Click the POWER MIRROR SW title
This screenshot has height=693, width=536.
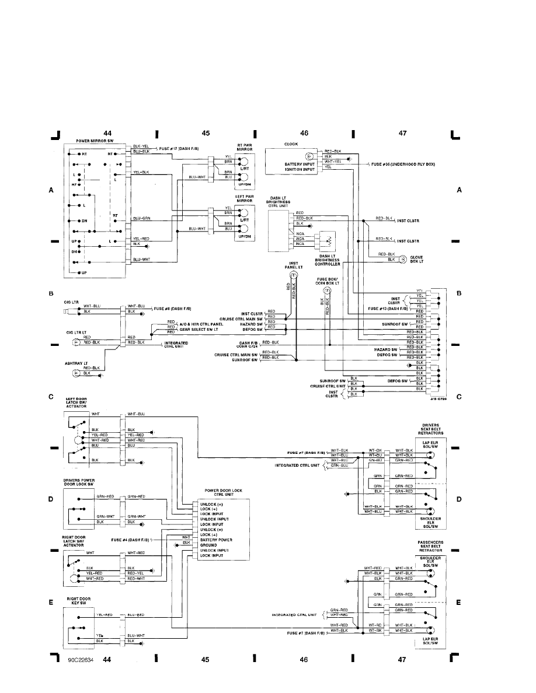click(95, 141)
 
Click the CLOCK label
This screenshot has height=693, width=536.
click(291, 143)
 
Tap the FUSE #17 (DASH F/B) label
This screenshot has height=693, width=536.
click(178, 149)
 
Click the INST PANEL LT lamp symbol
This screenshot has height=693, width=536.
click(294, 275)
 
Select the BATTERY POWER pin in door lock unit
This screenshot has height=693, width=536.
click(216, 540)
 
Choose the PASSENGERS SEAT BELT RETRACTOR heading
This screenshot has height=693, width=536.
click(430, 547)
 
